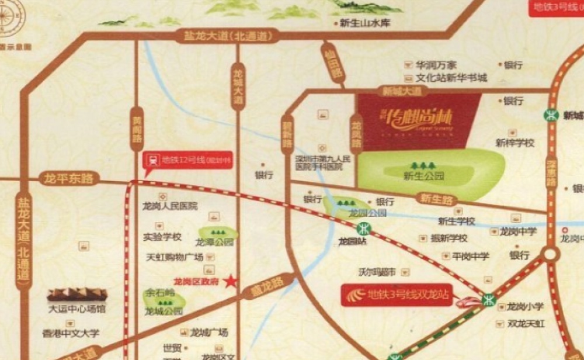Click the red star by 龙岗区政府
(x=232, y=281)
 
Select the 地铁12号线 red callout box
(x=188, y=160)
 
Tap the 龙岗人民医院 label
(x=170, y=206)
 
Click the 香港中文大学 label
(x=71, y=333)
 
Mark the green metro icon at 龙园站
(x=364, y=227)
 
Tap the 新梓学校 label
(x=515, y=142)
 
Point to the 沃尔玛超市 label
(x=377, y=272)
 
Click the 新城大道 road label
(x=402, y=92)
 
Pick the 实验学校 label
(x=162, y=237)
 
